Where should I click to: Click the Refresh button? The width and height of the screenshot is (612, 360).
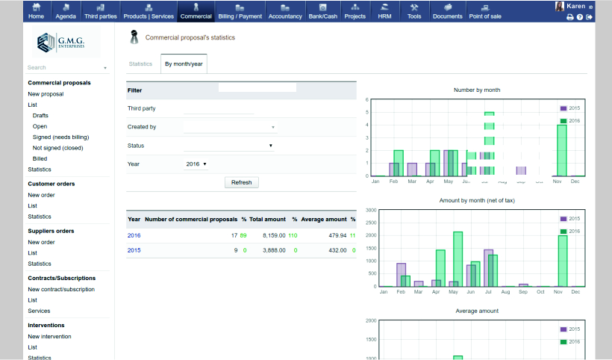241,182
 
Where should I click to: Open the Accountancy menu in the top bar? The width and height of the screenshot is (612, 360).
284,10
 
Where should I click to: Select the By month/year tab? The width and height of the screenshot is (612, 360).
183,63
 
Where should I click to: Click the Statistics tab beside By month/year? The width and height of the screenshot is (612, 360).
140,63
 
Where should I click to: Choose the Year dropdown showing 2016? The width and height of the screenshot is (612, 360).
195,164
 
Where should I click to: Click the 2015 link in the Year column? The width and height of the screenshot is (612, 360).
134,250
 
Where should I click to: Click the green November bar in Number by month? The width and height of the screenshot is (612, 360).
562,150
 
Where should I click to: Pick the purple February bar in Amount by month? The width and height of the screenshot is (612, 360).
402,274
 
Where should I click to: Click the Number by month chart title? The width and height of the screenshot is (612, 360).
477,90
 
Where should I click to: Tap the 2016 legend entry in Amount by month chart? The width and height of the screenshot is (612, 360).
570,232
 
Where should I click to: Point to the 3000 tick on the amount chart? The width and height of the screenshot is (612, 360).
371,211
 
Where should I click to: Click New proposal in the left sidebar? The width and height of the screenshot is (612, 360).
46,94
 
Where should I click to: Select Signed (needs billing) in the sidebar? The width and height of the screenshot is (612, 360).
60,137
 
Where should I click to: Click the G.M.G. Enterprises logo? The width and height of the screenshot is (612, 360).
66,43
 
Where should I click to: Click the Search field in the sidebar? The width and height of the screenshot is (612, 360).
63,67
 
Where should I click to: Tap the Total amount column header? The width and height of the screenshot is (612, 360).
267,220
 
